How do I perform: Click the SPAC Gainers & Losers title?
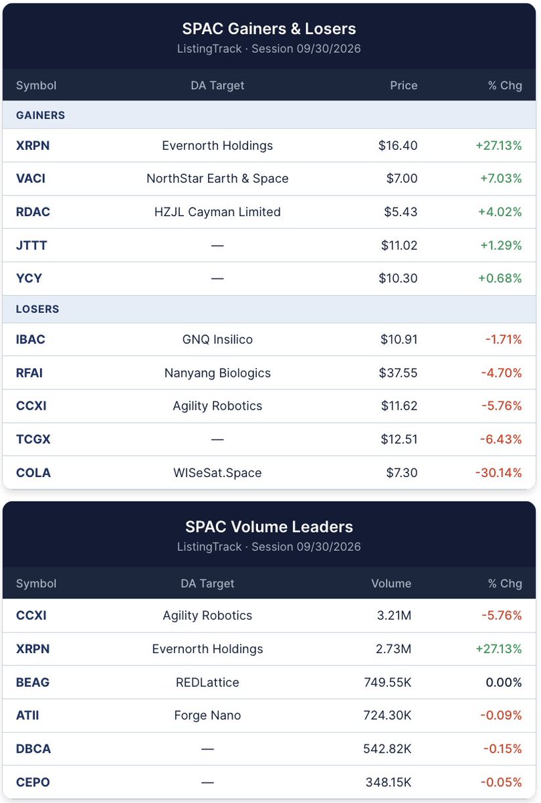click(269, 29)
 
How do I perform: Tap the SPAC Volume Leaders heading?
click(269, 527)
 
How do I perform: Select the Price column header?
click(403, 86)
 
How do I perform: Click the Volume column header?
click(391, 584)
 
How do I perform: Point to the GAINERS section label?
click(41, 115)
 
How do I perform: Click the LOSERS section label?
click(37, 308)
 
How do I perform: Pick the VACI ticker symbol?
click(31, 178)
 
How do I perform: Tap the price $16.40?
click(398, 145)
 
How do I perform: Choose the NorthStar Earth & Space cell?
click(217, 178)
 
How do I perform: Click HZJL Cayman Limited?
click(217, 211)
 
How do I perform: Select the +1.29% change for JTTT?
click(501, 245)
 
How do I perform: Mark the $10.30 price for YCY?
click(398, 278)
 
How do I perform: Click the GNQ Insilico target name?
click(217, 339)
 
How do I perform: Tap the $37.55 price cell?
click(398, 373)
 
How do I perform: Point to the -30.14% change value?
click(498, 472)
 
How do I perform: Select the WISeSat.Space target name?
click(217, 473)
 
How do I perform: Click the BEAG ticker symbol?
click(33, 682)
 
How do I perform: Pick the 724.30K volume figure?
click(387, 715)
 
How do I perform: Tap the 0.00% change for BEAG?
click(504, 682)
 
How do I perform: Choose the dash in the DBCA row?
click(207, 749)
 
